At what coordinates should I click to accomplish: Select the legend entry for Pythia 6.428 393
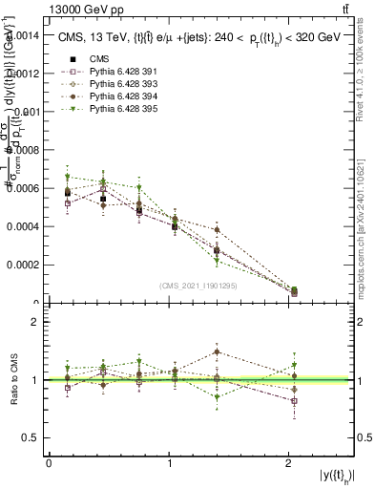(113, 84)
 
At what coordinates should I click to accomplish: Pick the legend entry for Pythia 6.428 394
(113, 96)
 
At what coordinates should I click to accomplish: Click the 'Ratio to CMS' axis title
(12, 380)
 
